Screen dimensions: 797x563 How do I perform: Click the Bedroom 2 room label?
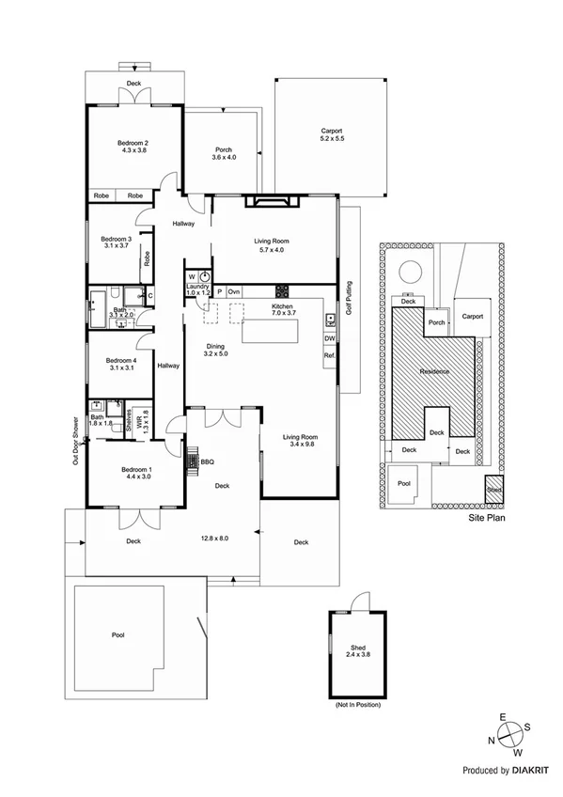click(x=134, y=146)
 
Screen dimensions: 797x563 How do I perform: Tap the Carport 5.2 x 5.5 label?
click(x=332, y=134)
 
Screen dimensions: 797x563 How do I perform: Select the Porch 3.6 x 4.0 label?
click(x=224, y=153)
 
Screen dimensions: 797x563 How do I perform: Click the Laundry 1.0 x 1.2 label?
click(x=197, y=291)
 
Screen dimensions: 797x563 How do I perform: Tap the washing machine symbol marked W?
click(x=192, y=277)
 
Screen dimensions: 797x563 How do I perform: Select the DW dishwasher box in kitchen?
click(x=330, y=338)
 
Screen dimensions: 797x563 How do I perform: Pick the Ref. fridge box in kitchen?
click(x=330, y=356)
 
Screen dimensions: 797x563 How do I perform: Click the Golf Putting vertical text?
click(x=349, y=299)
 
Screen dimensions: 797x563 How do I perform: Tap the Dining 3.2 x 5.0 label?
click(x=216, y=350)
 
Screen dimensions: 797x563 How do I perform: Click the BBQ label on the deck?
click(x=208, y=461)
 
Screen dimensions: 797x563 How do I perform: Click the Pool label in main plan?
click(x=118, y=635)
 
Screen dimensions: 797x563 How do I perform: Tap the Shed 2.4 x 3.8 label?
click(x=358, y=649)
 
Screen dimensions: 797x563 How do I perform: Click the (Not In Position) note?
click(x=358, y=705)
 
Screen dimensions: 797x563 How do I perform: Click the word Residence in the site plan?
click(x=434, y=372)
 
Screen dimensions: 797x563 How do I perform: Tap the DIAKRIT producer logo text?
click(x=532, y=770)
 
